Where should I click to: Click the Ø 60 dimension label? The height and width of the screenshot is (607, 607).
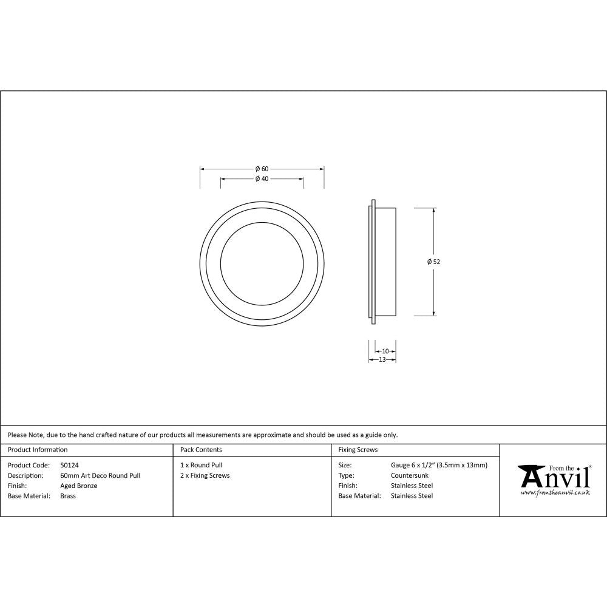[x=262, y=168]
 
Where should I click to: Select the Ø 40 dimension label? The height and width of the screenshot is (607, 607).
[x=262, y=178]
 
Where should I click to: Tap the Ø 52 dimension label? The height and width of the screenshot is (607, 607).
[x=433, y=262]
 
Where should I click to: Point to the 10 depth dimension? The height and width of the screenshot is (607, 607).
[x=385, y=351]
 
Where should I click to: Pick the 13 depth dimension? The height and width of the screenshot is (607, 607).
[x=382, y=359]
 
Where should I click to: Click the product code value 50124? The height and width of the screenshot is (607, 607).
[x=69, y=465]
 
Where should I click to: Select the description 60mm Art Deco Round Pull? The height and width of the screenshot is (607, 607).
[x=100, y=475]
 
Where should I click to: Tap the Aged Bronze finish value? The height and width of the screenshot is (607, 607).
[x=79, y=486]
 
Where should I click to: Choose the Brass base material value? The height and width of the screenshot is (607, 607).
[x=68, y=496]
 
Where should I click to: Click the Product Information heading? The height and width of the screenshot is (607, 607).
[x=38, y=450]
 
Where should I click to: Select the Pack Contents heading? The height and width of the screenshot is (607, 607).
[x=201, y=450]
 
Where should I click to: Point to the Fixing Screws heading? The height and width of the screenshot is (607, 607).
[x=358, y=450]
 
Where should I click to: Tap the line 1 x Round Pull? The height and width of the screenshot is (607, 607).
[x=201, y=465]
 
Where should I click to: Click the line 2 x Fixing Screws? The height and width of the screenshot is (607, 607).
[x=205, y=475]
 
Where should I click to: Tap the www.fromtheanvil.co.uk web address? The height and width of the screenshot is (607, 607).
[x=555, y=493]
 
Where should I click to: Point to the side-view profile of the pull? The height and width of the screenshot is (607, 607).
[x=383, y=262]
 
